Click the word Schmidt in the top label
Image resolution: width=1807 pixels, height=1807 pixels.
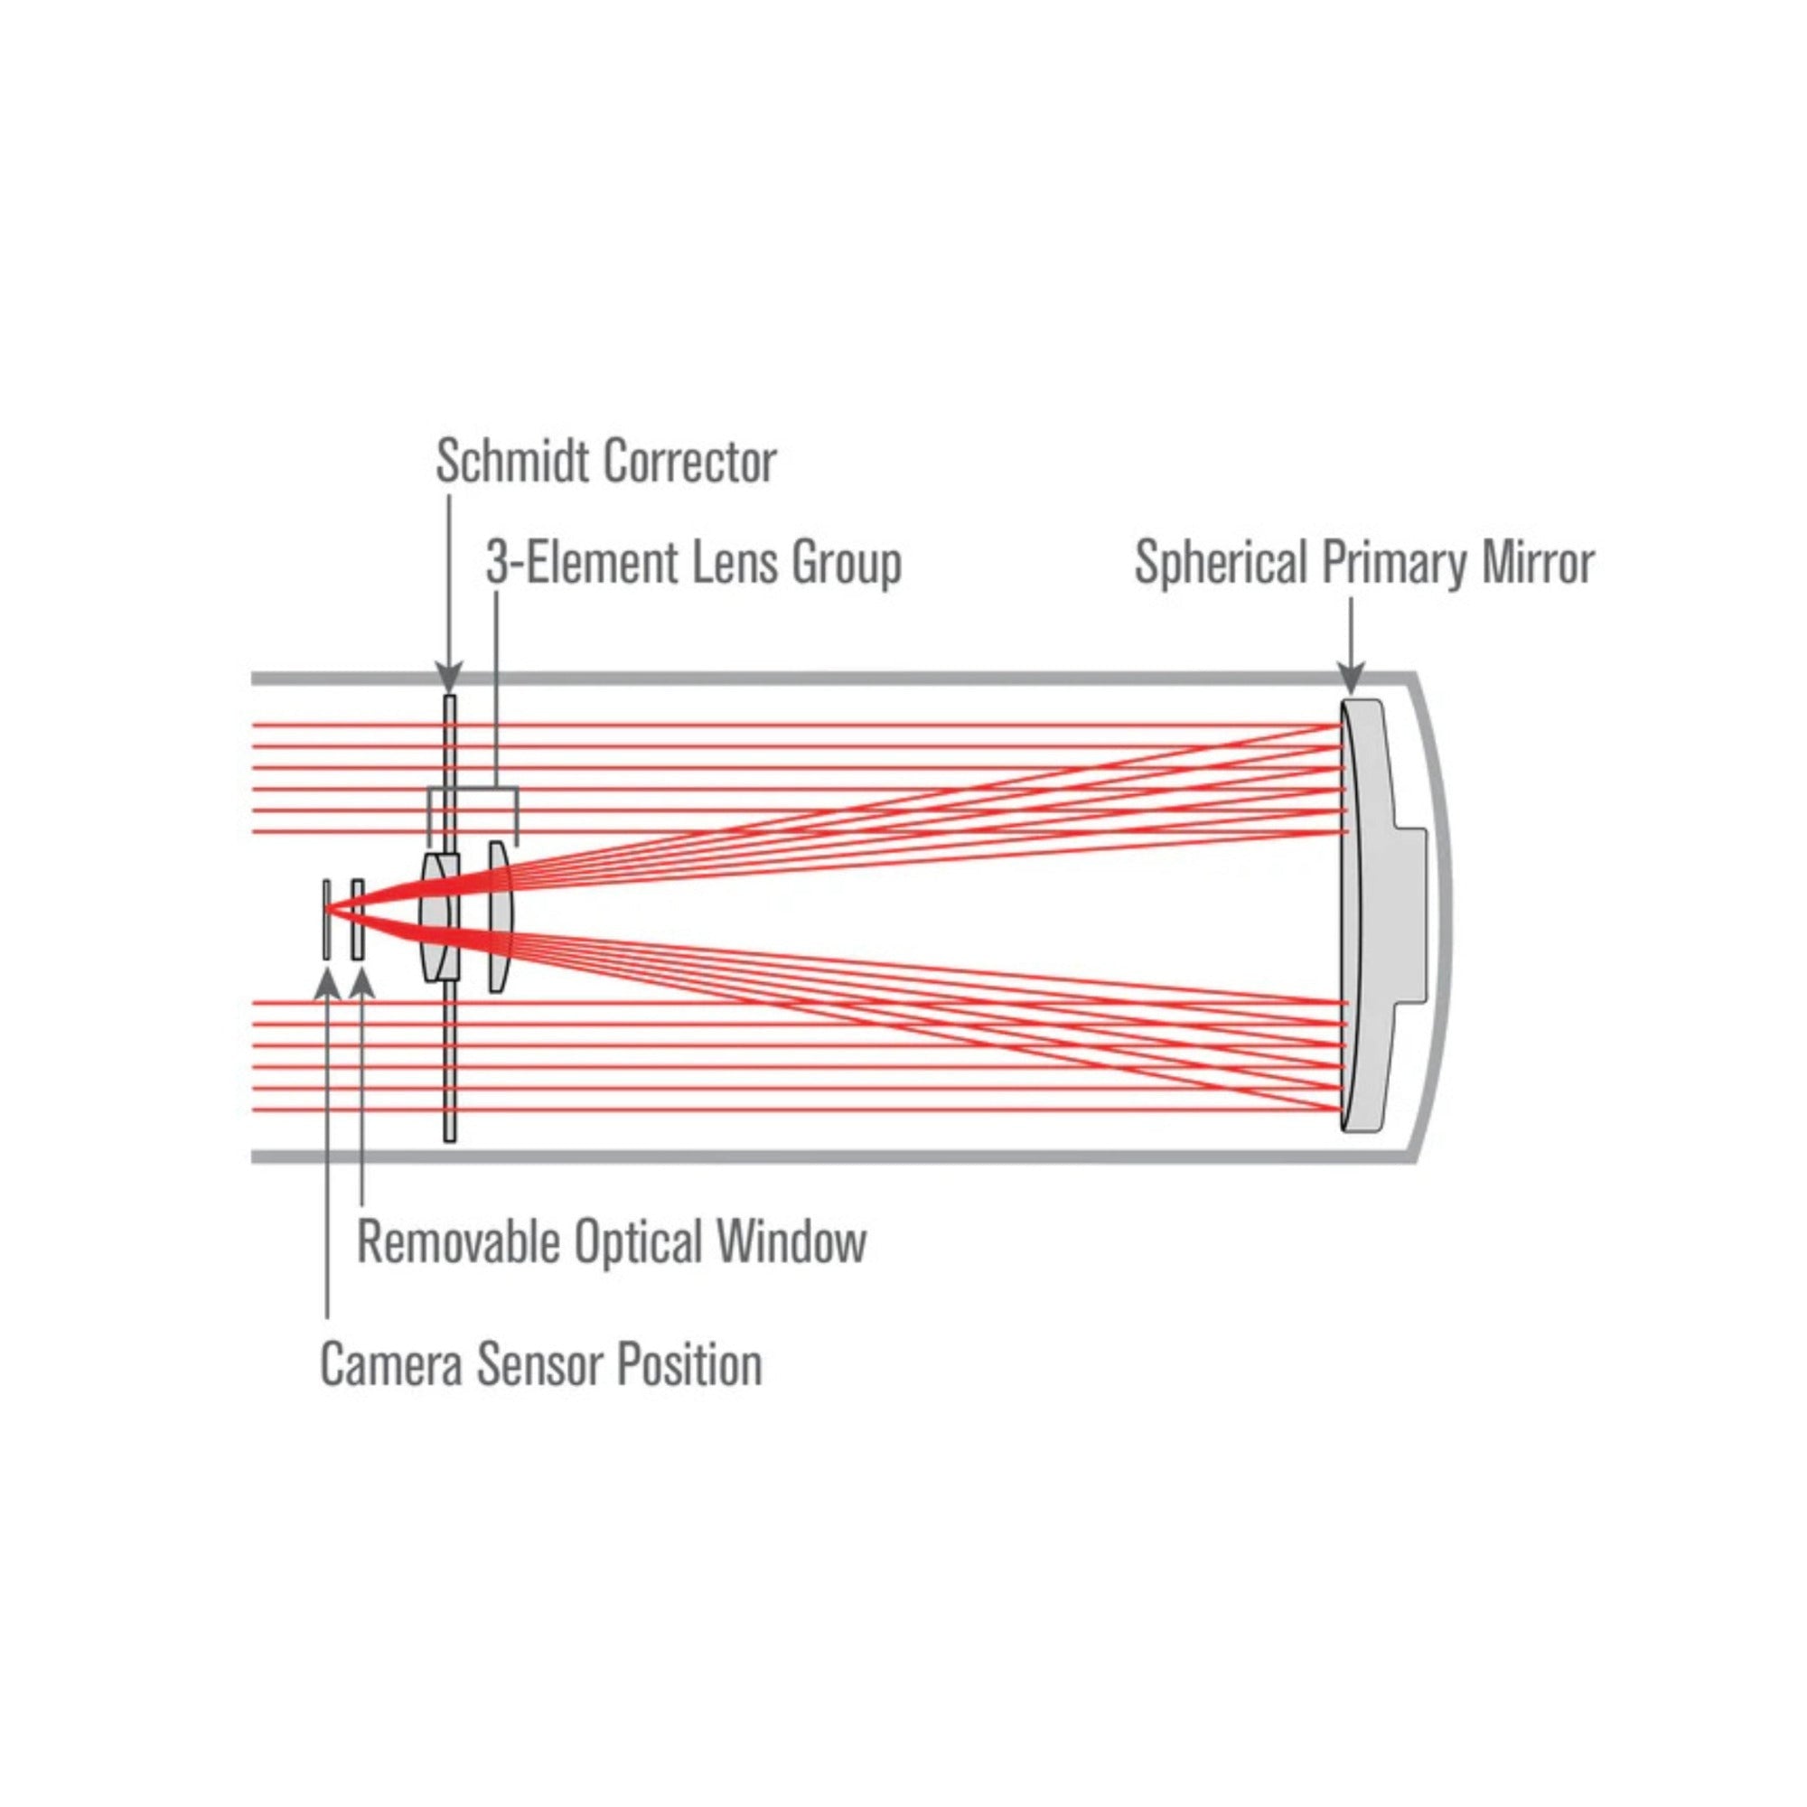(513, 461)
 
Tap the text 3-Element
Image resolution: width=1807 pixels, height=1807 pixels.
(581, 562)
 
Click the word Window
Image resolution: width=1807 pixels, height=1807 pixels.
(792, 1242)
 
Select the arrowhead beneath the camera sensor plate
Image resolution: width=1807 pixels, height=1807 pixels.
(326, 984)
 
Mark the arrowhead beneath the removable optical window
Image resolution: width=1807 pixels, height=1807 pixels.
(361, 984)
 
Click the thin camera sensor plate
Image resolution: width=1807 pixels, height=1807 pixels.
(326, 920)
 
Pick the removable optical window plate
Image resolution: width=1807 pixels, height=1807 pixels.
(357, 920)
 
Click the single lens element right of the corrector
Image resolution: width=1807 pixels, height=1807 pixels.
(501, 914)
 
